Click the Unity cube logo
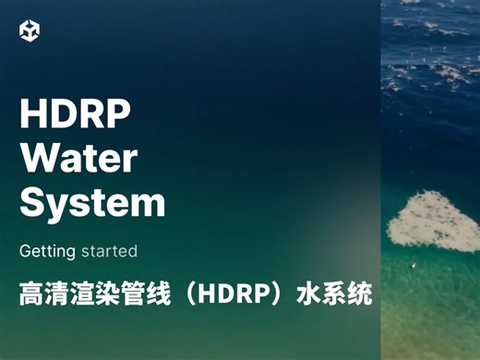[x=30, y=31]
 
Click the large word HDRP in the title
[x=75, y=115]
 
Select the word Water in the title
[x=78, y=159]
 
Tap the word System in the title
[x=92, y=202]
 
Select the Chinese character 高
[x=31, y=295]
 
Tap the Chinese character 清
[x=58, y=295]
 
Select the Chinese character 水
[x=306, y=295]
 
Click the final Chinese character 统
[x=359, y=295]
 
